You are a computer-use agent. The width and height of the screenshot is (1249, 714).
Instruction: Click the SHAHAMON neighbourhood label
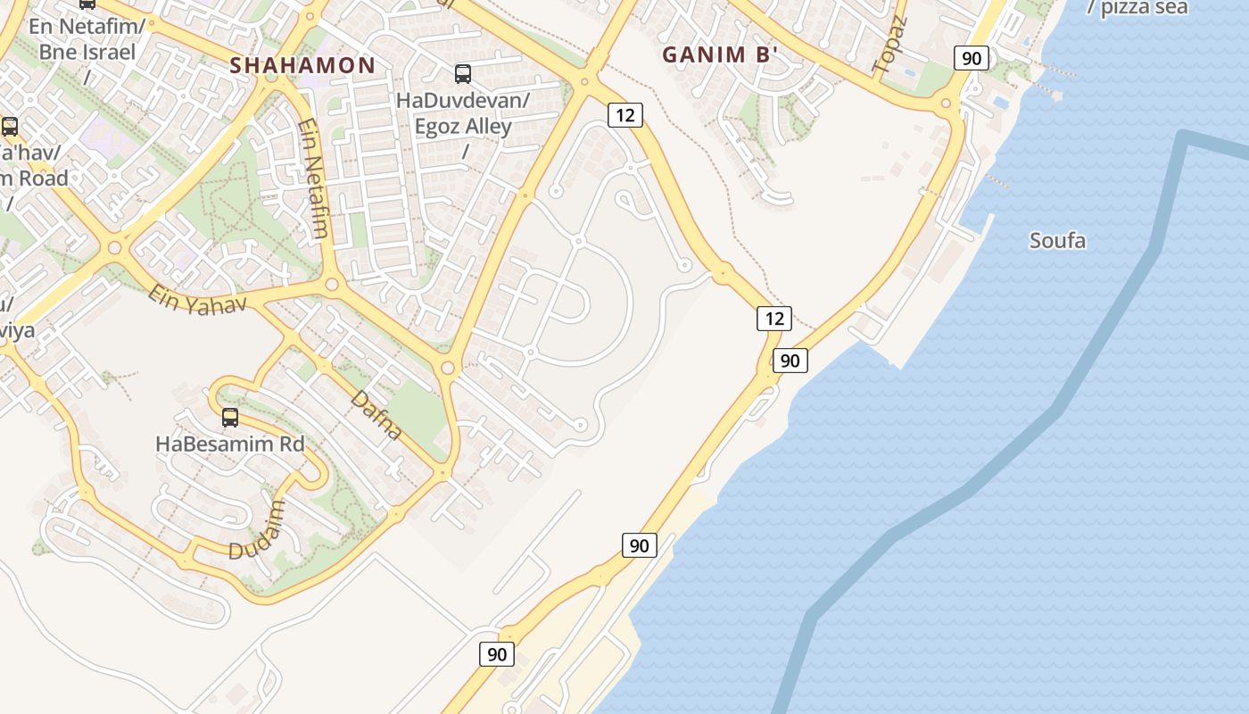[x=302, y=65]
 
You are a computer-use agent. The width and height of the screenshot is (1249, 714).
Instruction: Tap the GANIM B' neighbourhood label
[x=721, y=54]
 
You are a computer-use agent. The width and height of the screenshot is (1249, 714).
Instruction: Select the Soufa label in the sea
[x=1057, y=240]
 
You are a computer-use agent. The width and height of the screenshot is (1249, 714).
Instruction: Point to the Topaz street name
[x=889, y=44]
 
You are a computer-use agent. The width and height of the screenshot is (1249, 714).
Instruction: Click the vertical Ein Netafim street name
[x=313, y=178]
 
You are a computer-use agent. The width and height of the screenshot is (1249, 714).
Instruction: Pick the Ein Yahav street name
[x=196, y=300]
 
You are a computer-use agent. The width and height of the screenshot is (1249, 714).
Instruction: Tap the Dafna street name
[x=376, y=415]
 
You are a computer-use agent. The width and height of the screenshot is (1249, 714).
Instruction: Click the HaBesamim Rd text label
[x=229, y=444]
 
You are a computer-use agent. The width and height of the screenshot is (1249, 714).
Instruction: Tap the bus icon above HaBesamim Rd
[x=230, y=418]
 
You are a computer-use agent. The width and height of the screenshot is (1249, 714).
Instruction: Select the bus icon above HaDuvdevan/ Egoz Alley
[x=463, y=74]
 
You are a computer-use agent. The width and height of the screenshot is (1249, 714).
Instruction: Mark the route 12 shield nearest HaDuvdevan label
[x=625, y=114]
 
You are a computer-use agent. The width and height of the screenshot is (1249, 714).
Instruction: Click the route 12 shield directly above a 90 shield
[x=773, y=318]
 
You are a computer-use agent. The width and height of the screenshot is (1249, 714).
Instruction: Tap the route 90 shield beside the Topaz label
[x=972, y=59]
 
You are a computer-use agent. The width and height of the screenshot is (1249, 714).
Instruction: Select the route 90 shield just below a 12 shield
[x=790, y=361]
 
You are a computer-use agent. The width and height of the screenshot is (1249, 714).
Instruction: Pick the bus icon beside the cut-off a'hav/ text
[x=10, y=127]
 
